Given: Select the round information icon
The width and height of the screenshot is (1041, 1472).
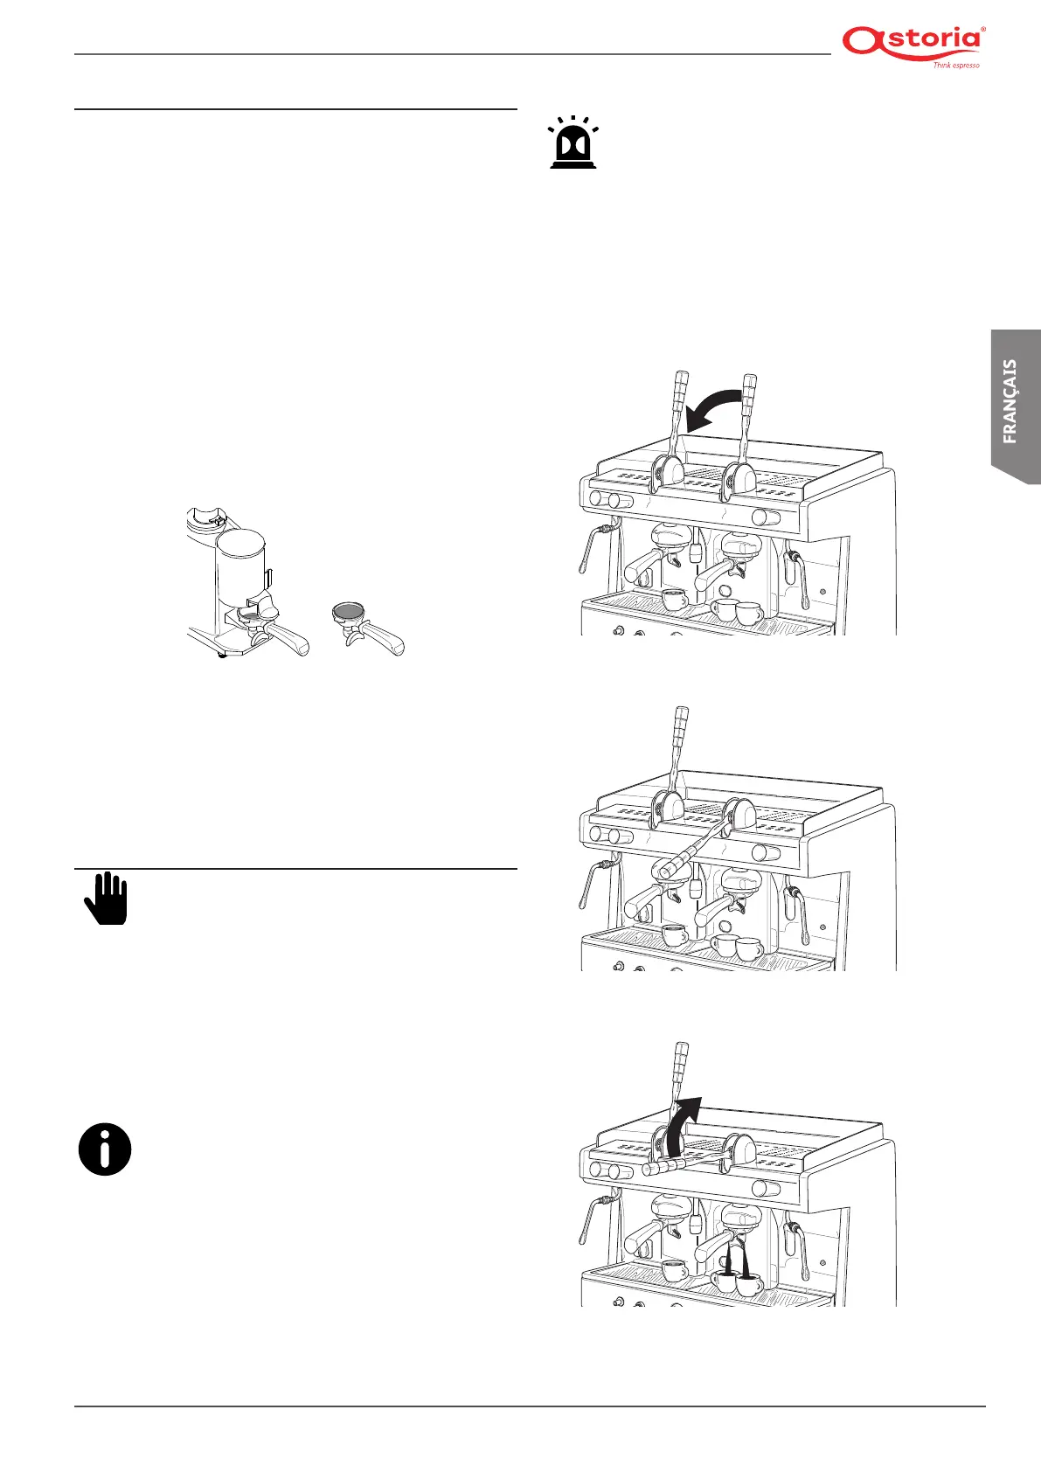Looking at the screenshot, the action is click(105, 1149).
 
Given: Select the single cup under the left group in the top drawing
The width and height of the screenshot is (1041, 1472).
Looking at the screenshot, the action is click(674, 601).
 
